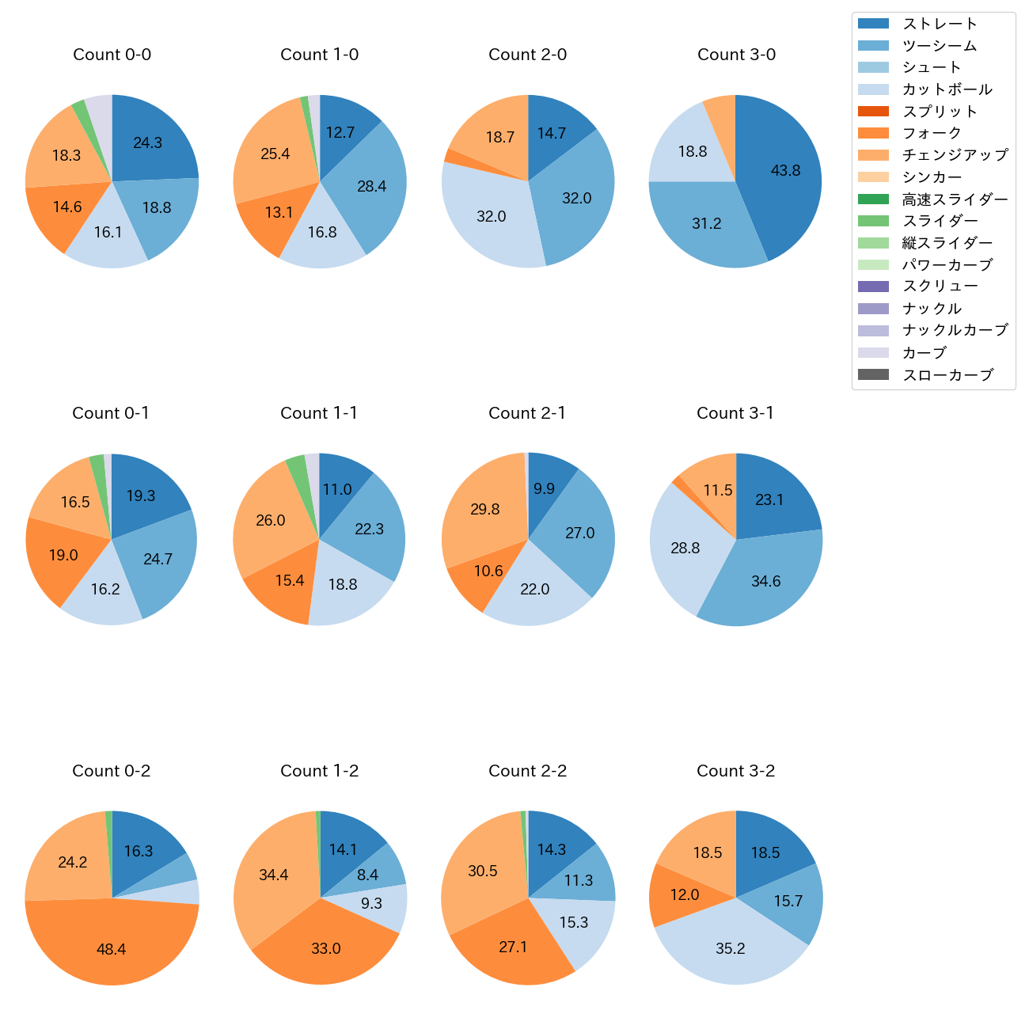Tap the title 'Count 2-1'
(527, 413)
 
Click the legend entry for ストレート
(940, 24)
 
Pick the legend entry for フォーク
(932, 133)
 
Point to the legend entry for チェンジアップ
(955, 155)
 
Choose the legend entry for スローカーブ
(947, 375)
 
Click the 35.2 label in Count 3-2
(730, 948)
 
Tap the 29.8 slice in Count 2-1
(484, 509)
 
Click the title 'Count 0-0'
(112, 55)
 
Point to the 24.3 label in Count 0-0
(147, 143)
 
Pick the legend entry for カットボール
(947, 89)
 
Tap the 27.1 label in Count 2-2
(513, 947)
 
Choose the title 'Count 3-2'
(735, 771)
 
